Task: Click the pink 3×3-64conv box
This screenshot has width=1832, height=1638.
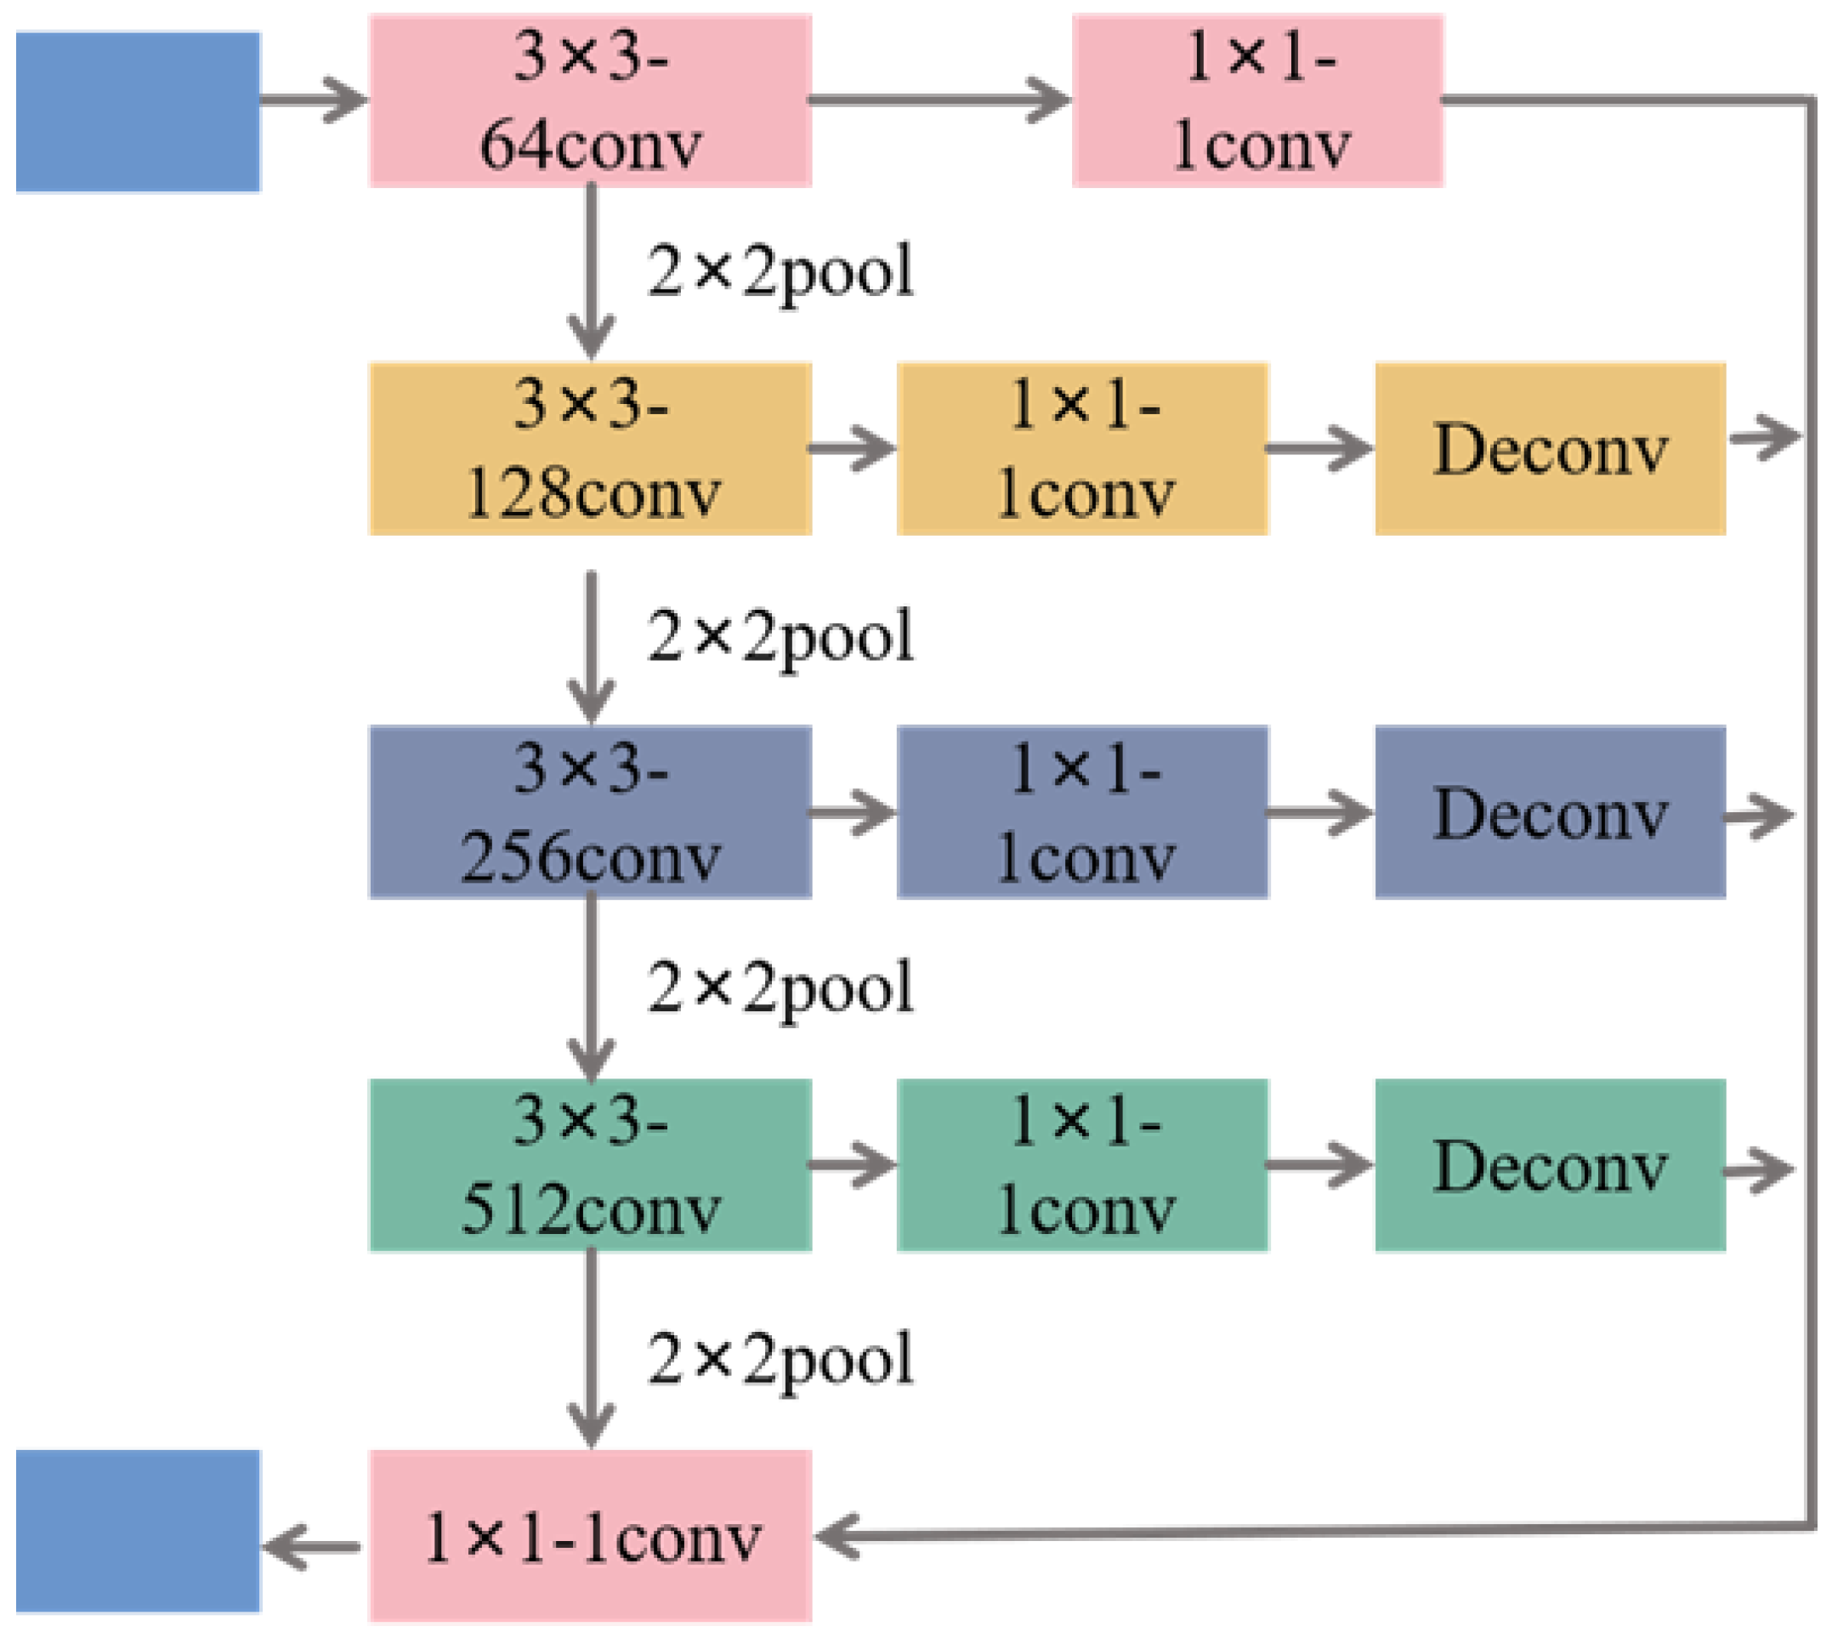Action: pyautogui.click(x=590, y=101)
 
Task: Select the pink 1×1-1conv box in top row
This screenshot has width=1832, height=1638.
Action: pyautogui.click(x=1257, y=101)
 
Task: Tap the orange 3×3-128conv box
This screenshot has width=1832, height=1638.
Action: pyautogui.click(x=590, y=448)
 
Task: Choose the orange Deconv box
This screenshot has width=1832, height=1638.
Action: pyautogui.click(x=1550, y=448)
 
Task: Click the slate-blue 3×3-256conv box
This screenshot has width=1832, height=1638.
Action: pyautogui.click(x=590, y=812)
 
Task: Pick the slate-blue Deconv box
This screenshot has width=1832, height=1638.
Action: pyautogui.click(x=1550, y=812)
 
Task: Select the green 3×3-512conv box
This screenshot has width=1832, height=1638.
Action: pyautogui.click(x=590, y=1164)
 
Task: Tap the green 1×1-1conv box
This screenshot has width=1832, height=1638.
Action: pyautogui.click(x=1082, y=1164)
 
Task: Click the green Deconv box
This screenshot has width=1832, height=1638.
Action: pyautogui.click(x=1550, y=1164)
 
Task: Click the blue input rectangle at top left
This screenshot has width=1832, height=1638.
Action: pyautogui.click(x=139, y=111)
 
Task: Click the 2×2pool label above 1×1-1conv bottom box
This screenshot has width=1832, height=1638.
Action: pyautogui.click(x=780, y=1359)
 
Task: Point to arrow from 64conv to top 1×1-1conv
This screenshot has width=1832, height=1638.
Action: pyautogui.click(x=940, y=99)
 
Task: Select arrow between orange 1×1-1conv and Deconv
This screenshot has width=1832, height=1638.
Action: pyautogui.click(x=1319, y=447)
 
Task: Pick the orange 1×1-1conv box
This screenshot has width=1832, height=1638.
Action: pyautogui.click(x=1082, y=448)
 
